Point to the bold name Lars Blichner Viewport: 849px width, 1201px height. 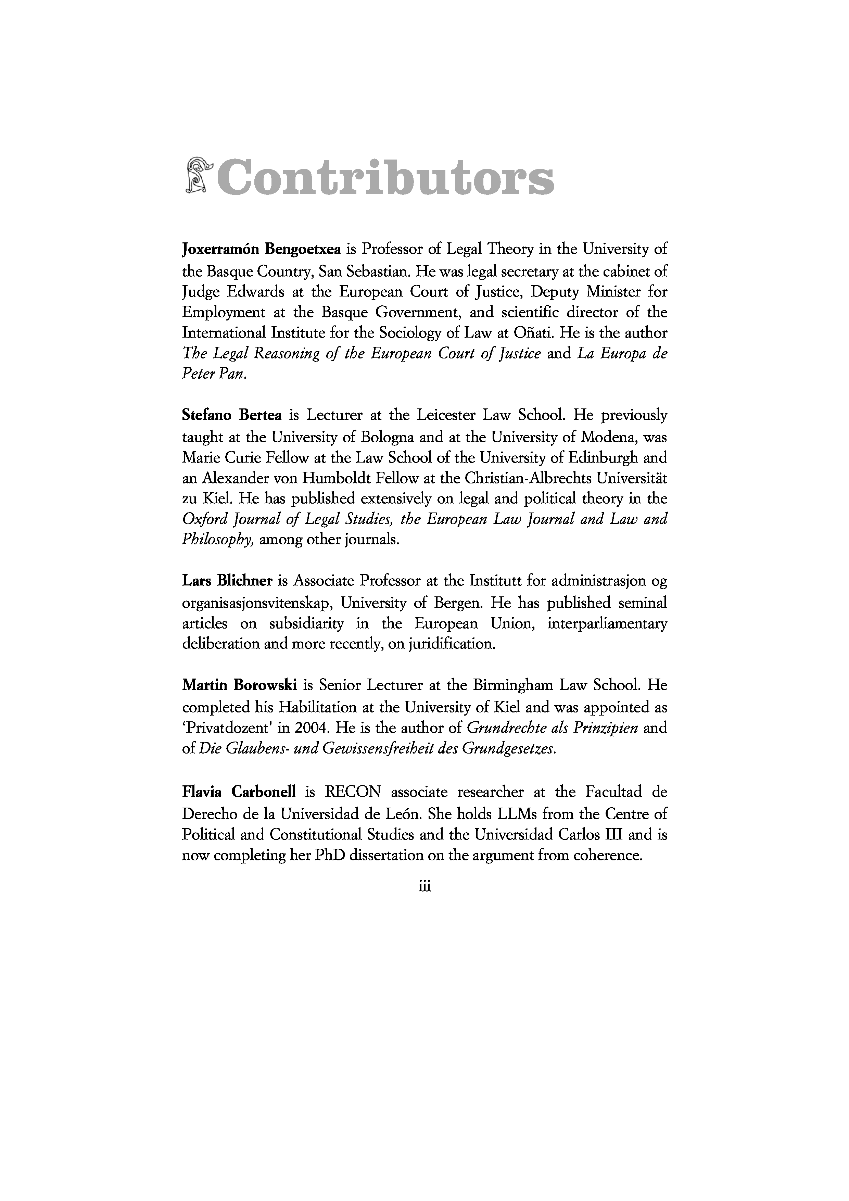click(227, 581)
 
